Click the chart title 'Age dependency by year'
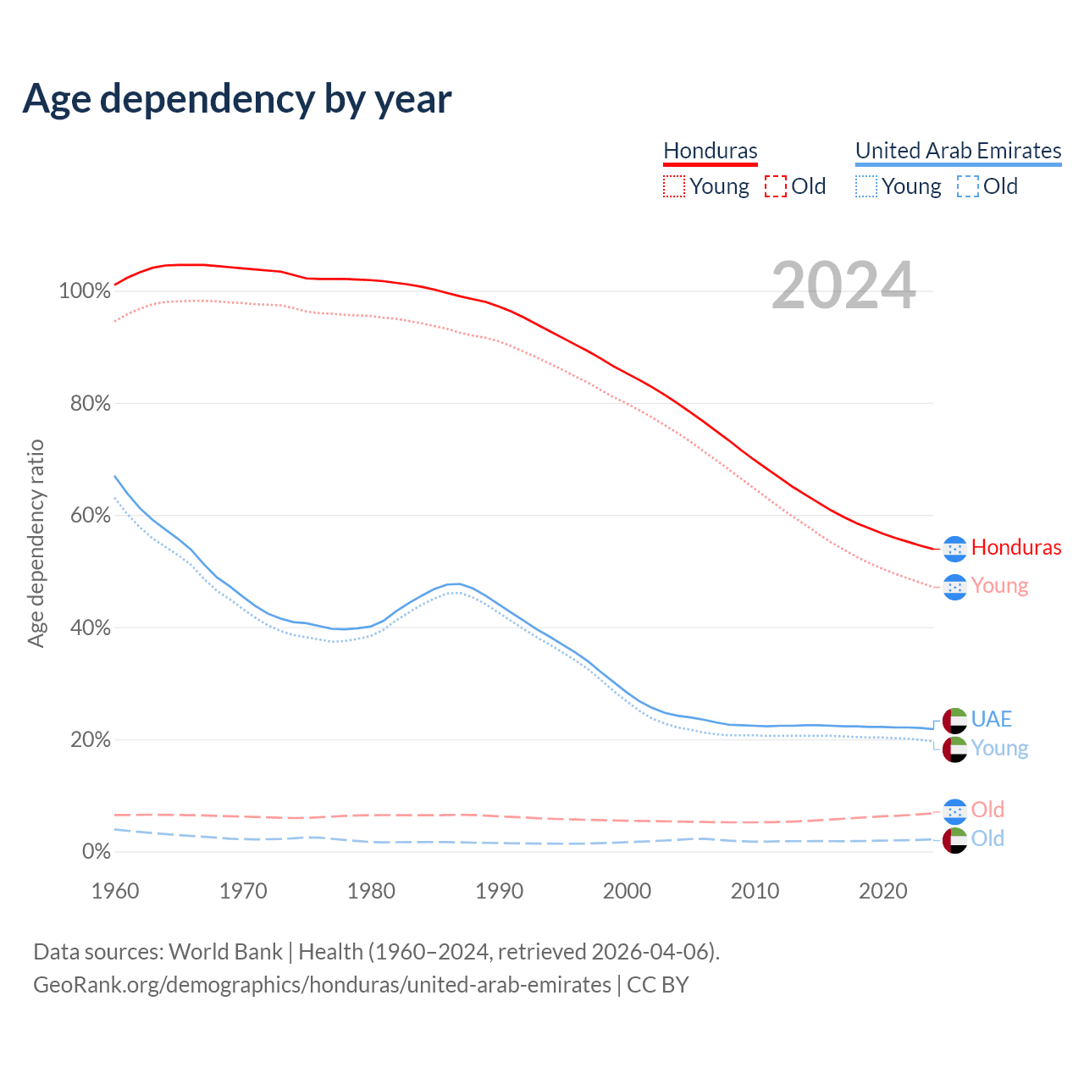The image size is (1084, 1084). click(237, 99)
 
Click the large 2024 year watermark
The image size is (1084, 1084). click(843, 286)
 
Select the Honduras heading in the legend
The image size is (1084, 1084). click(710, 151)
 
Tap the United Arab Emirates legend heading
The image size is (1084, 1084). click(958, 151)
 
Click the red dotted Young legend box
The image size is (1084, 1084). click(674, 186)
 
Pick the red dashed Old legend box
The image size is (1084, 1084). click(776, 186)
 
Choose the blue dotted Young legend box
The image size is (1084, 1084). click(866, 186)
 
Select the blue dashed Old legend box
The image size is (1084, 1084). click(968, 186)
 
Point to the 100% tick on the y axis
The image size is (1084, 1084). click(85, 291)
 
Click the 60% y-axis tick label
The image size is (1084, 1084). click(90, 516)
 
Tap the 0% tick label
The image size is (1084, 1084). click(96, 852)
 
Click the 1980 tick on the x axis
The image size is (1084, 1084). click(371, 891)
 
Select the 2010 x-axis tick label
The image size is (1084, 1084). click(755, 891)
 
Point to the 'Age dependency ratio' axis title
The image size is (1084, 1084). click(36, 543)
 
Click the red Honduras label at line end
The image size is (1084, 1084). click(1016, 548)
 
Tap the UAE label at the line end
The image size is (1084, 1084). click(992, 719)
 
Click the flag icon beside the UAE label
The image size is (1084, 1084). click(954, 721)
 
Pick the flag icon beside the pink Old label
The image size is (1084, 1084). click(954, 811)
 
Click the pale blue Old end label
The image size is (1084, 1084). click(987, 838)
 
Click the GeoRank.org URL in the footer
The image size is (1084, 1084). click(322, 985)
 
